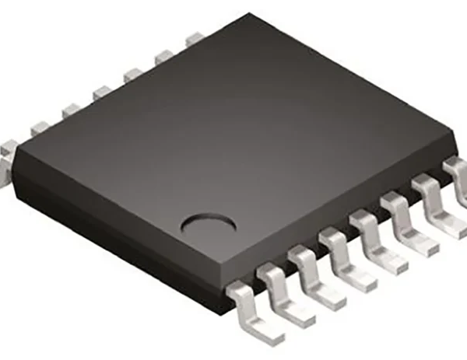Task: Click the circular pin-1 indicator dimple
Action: coord(209,225)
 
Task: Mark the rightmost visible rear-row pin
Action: coord(193,39)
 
